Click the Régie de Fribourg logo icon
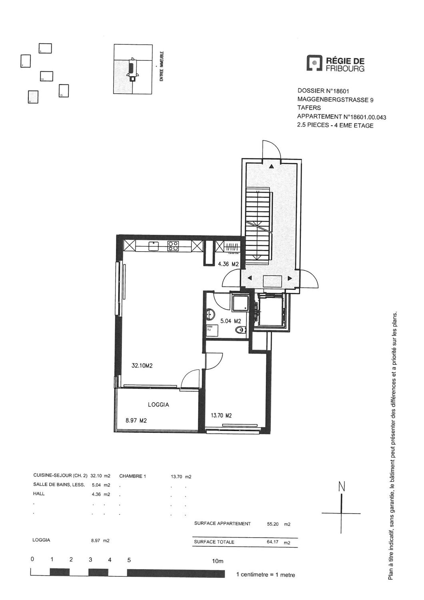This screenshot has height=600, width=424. (315, 63)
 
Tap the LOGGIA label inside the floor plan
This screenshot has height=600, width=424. (158, 404)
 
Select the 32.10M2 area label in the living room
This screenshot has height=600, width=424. (143, 365)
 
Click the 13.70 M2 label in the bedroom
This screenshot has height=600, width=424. (221, 415)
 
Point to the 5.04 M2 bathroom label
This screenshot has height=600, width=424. (231, 321)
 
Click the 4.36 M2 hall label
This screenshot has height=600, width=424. (228, 264)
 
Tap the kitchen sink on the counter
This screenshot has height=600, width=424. (153, 246)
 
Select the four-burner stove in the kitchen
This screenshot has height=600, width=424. (173, 246)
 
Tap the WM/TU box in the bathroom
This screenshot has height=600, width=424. (210, 328)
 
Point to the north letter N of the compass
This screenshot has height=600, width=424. (341, 487)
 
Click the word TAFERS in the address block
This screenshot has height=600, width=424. (309, 108)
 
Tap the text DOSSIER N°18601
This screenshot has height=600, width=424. (320, 91)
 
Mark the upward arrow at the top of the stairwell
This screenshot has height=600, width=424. (272, 167)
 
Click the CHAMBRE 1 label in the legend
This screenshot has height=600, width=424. (133, 476)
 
